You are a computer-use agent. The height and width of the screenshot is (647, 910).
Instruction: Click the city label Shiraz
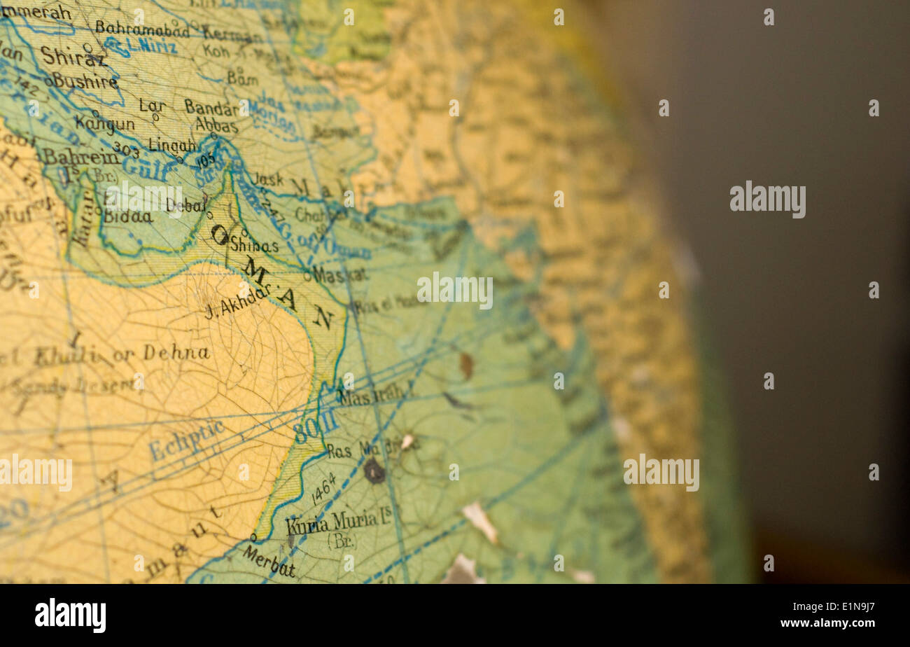73,56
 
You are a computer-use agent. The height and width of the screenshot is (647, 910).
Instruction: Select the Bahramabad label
142,29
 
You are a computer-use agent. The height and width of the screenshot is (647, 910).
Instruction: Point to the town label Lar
153,106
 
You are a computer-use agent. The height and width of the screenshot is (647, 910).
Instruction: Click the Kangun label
105,123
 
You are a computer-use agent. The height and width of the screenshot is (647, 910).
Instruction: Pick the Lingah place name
172,145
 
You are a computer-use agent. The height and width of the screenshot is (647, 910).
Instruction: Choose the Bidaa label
128,216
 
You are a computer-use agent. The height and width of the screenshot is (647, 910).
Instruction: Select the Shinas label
255,245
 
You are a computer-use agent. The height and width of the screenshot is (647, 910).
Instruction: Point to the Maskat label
339,274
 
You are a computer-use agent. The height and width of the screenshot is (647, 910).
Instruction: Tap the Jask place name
267,179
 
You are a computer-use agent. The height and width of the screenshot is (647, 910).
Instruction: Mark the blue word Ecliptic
187,440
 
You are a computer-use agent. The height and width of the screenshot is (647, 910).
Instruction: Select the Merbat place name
269,561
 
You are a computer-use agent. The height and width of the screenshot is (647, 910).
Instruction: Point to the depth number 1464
323,488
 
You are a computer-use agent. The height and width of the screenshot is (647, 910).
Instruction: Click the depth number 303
126,149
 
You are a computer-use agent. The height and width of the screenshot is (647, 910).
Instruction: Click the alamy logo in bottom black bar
71,615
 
